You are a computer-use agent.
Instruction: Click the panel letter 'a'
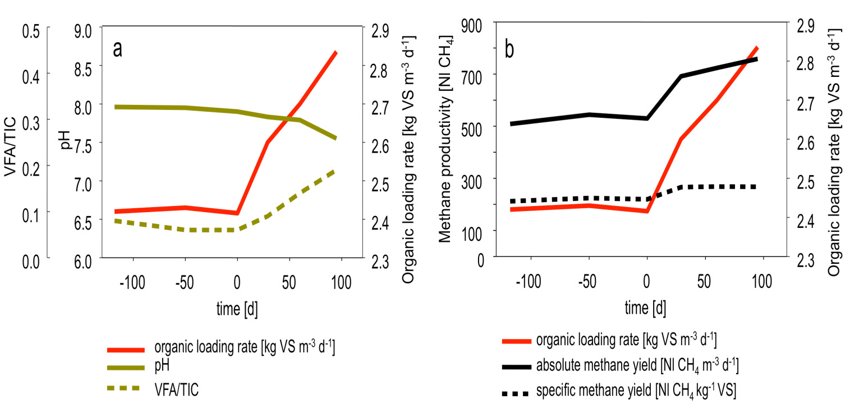[x=118, y=50]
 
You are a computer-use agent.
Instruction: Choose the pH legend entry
[x=162, y=365]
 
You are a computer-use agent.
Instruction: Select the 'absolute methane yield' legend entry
[x=637, y=366]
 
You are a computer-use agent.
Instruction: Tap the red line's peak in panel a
[x=336, y=52]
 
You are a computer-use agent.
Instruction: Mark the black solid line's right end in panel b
[x=757, y=58]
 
